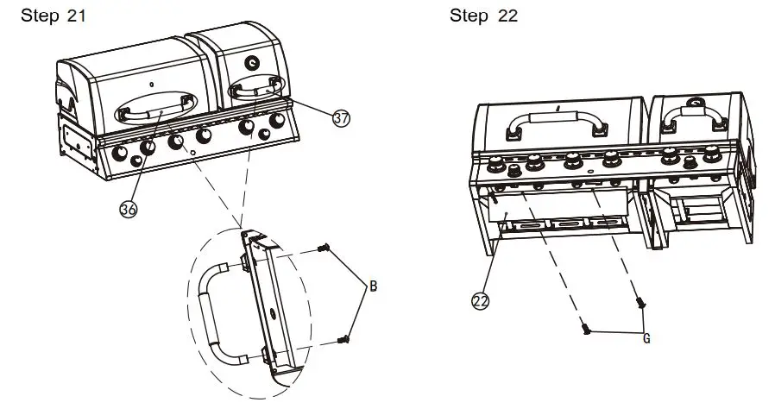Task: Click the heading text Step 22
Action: pos(483,16)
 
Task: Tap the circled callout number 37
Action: pos(342,119)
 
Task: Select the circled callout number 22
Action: pos(481,301)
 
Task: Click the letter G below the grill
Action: pos(646,338)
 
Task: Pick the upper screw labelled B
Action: pos(324,249)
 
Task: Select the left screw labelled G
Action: pos(585,327)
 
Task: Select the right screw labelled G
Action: pos(640,303)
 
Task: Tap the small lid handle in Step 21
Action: pos(255,85)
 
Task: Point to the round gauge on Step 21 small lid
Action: pos(251,62)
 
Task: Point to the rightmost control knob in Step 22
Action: pos(714,156)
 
